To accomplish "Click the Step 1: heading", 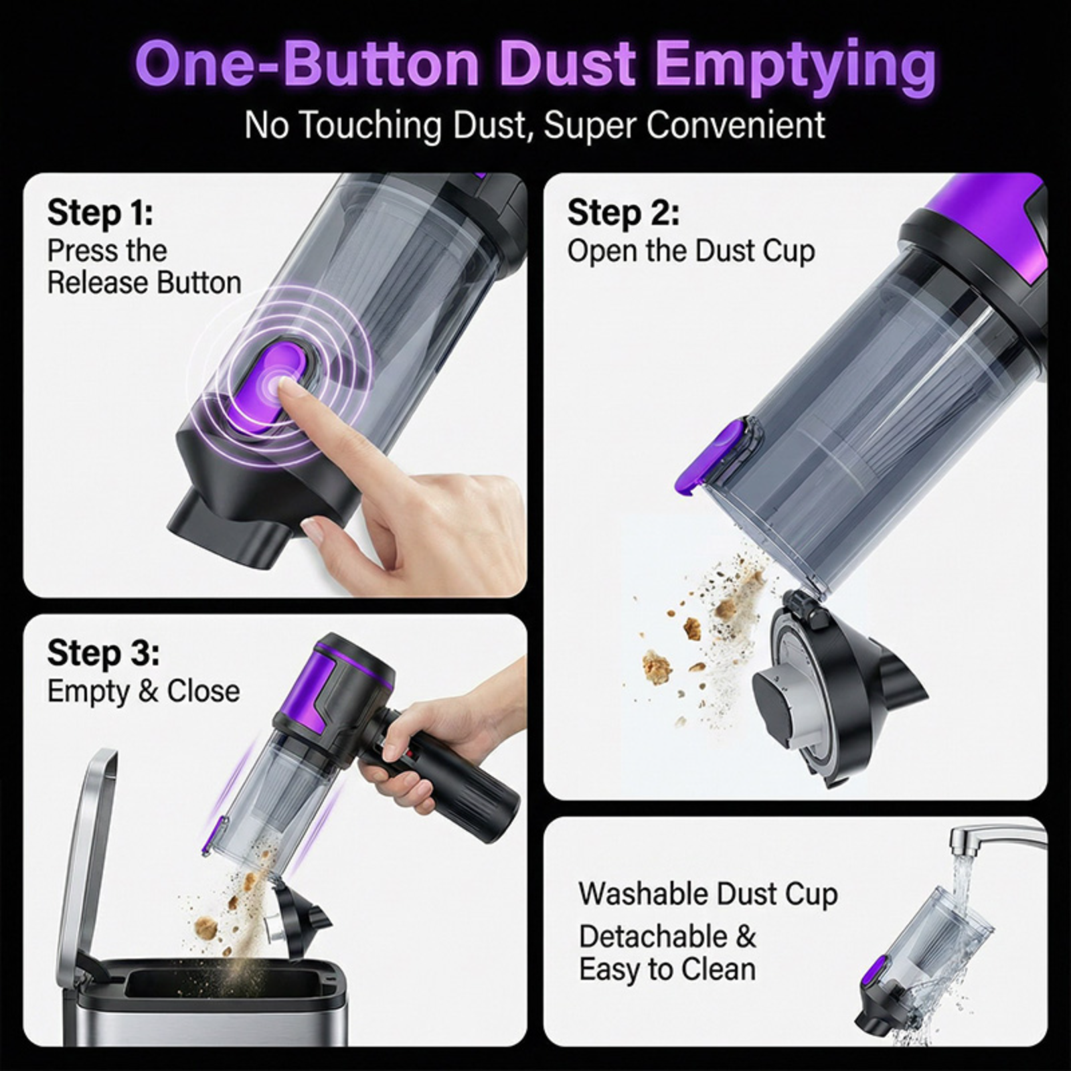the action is coord(100,213).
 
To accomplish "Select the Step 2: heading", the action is coord(624,213).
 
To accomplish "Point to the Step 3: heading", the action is coord(104,653).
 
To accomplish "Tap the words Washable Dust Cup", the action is coord(708,894).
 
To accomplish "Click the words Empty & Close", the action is coord(143,691).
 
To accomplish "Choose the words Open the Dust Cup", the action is coord(691,251).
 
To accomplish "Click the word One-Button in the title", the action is coord(308,65).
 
